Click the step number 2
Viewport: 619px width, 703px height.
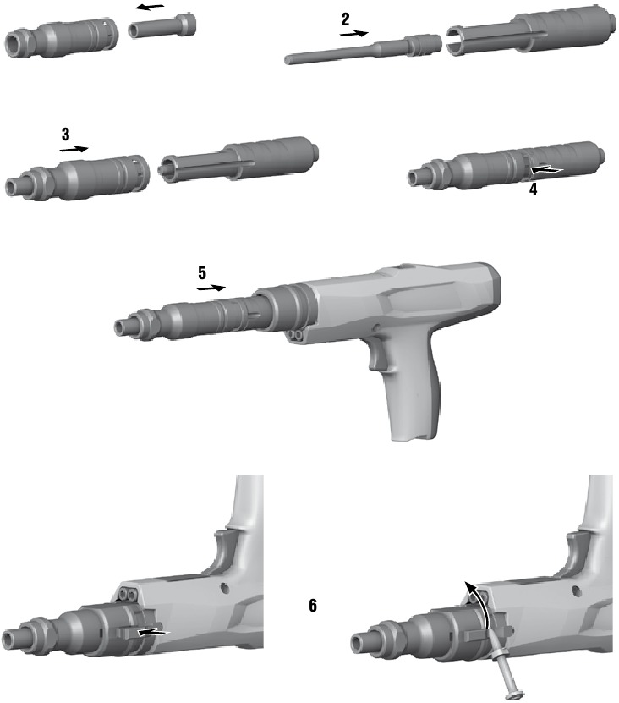point(345,19)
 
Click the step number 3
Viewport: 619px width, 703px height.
point(66,134)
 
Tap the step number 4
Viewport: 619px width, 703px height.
point(533,190)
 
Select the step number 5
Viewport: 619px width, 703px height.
point(202,273)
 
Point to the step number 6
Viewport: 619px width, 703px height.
point(313,606)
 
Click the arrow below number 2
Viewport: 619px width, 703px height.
point(353,35)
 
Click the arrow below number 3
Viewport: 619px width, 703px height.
point(74,148)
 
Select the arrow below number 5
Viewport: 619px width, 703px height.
point(211,288)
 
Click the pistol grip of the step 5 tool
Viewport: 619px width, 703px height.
point(418,406)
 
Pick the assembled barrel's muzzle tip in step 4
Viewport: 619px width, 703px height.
point(417,176)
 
